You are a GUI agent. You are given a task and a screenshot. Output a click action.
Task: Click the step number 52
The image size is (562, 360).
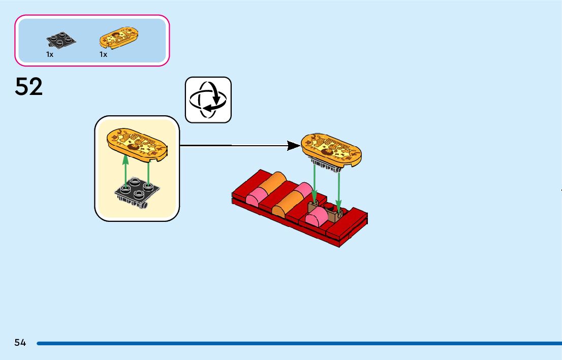(x=29, y=87)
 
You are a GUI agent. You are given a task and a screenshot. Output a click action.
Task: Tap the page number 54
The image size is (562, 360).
(x=20, y=343)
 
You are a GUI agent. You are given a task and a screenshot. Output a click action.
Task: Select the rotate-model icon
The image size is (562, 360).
(x=208, y=100)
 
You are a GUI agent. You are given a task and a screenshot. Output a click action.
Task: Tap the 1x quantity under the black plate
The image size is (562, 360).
(x=50, y=54)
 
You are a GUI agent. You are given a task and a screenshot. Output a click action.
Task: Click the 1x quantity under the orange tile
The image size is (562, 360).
(x=103, y=54)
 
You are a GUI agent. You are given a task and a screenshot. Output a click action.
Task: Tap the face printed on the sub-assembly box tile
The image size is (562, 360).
(x=135, y=146)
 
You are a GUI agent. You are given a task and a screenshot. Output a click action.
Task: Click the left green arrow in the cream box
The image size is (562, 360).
(x=125, y=170)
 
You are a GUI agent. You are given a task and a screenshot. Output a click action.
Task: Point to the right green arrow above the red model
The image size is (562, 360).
(x=339, y=188)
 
